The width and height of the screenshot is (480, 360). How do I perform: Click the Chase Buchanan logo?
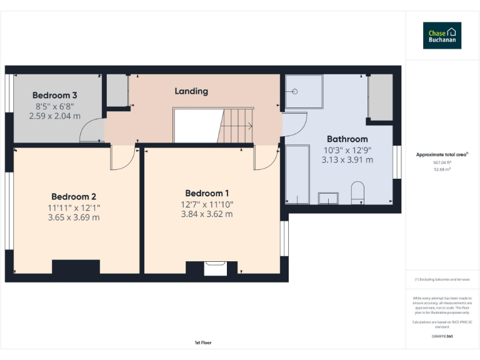coord(442,36)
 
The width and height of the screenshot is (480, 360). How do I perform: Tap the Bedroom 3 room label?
coord(54,95)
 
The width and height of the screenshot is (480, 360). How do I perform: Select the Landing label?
coord(191,91)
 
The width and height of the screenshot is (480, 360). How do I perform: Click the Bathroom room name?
coord(347,139)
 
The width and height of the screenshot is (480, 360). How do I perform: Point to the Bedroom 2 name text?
coord(73,196)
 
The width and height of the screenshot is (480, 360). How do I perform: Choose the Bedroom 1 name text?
coord(207,193)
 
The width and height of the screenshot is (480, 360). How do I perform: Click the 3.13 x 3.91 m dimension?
coord(347,160)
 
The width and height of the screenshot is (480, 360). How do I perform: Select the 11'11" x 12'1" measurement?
coord(73,207)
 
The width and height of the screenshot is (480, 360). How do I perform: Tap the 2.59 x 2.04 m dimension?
coord(54,116)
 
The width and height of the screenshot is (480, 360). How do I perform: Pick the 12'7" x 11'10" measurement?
coord(207,204)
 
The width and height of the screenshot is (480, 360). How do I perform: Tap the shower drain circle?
coord(294,91)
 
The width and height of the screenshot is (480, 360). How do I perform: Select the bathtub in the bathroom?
coord(297,174)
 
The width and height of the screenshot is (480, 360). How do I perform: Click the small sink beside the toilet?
coord(327,198)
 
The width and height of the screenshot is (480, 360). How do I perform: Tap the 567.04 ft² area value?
coord(442,162)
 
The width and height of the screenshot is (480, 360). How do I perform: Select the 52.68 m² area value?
coord(442,169)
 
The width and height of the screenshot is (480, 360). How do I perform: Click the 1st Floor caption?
coord(203,342)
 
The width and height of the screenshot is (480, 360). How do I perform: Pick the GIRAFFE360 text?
coord(442,336)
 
